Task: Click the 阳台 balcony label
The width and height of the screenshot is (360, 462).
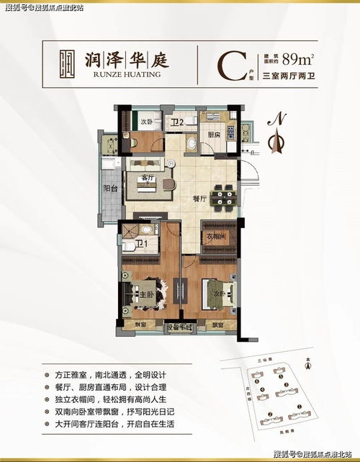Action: pyautogui.click(x=111, y=188)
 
